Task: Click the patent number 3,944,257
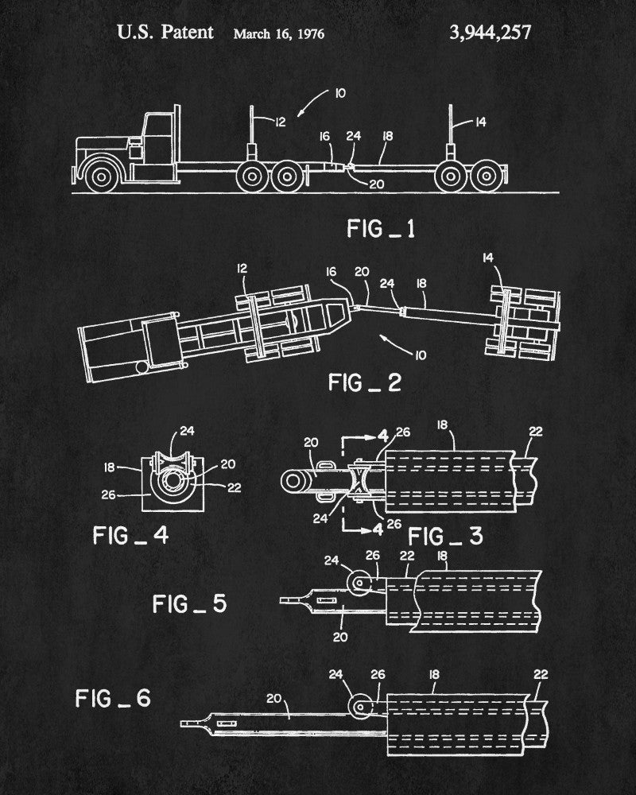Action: pyautogui.click(x=490, y=33)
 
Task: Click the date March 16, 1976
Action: pyautogui.click(x=278, y=34)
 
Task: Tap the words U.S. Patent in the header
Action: pyautogui.click(x=165, y=33)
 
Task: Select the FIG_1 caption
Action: pyautogui.click(x=381, y=230)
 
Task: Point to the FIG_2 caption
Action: pyautogui.click(x=365, y=382)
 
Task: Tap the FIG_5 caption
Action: pyautogui.click(x=189, y=604)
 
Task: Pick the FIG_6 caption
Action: pyautogui.click(x=113, y=700)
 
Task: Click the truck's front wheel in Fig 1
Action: pyautogui.click(x=102, y=176)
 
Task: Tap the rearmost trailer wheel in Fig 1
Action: pyautogui.click(x=487, y=176)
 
